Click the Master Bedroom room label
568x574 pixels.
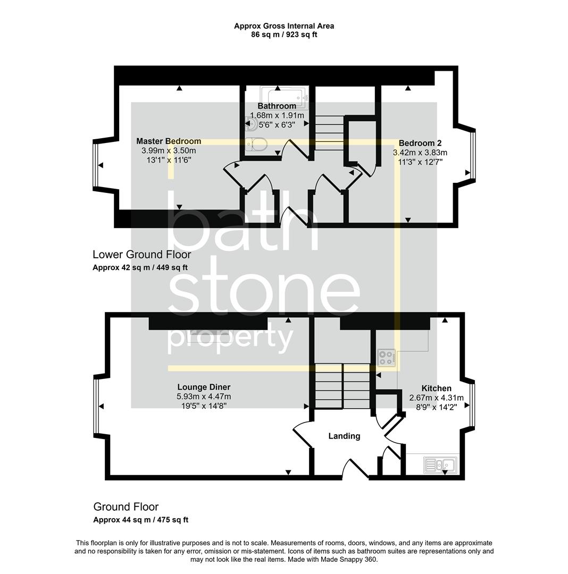169,141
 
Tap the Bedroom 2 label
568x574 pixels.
420,143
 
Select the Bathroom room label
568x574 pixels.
277,106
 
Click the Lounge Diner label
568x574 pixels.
204,387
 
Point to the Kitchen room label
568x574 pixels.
436,389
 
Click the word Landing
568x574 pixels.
344,436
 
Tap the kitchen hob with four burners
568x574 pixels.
387,357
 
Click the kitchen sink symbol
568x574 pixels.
440,465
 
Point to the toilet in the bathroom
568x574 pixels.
257,143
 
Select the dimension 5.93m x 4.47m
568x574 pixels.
204,396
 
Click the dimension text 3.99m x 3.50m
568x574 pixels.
169,150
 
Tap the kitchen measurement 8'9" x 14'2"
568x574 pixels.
436,407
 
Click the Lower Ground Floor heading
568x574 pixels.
141,255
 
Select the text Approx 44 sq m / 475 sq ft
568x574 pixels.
140,520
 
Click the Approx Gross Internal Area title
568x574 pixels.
284,26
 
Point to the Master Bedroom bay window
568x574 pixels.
96,165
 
